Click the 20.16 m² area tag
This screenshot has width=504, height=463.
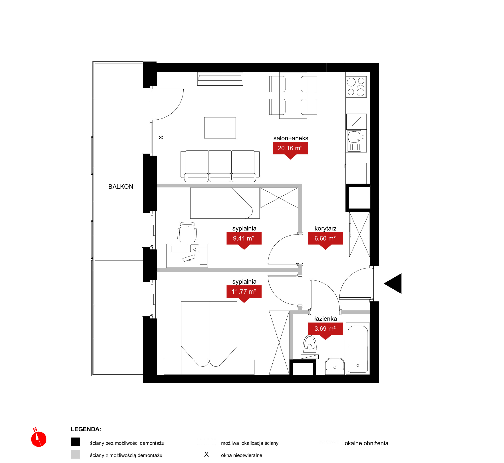(x=290, y=150)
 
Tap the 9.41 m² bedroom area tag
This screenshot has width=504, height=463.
(x=244, y=240)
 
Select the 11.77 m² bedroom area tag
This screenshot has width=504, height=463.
(x=244, y=293)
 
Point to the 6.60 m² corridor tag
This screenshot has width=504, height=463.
(x=325, y=240)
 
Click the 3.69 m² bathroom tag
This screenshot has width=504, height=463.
(x=325, y=330)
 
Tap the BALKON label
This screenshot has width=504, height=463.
(x=121, y=187)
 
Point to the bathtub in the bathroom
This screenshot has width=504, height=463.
(x=358, y=349)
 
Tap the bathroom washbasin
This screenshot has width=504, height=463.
(x=335, y=366)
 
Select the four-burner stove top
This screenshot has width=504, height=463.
(x=356, y=87)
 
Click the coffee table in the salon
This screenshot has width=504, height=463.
(x=220, y=128)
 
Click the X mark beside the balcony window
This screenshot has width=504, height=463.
(x=161, y=138)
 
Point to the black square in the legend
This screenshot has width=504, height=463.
(x=75, y=442)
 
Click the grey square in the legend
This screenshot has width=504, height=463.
(x=75, y=454)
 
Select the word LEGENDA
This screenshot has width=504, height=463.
(x=86, y=429)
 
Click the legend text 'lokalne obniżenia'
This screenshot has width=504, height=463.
(x=366, y=443)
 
